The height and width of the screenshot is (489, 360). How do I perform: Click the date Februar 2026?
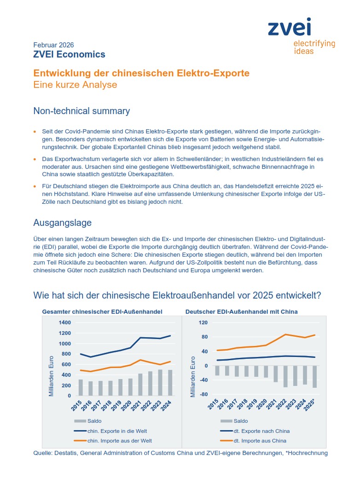click(53, 45)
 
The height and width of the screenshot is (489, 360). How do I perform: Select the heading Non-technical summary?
click(81, 111)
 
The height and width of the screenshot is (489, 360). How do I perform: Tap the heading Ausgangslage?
click(62, 223)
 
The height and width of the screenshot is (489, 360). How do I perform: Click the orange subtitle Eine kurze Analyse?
click(75, 85)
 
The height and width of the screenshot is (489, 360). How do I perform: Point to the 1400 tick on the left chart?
click(64, 322)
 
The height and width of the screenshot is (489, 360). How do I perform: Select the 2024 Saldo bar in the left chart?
click(171, 383)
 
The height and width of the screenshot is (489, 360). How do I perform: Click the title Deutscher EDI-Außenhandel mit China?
click(241, 311)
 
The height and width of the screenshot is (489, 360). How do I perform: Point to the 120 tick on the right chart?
click(203, 322)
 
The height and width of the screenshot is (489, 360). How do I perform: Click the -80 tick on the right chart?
click(202, 395)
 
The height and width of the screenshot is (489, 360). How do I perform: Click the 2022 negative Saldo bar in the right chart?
click(285, 376)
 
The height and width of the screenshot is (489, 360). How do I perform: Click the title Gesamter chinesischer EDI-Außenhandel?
click(102, 311)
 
